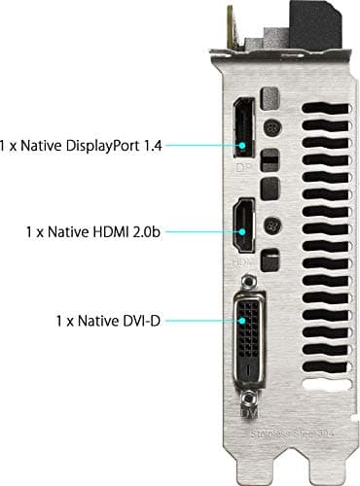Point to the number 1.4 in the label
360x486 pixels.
click(x=147, y=145)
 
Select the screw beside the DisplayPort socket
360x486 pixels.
click(x=275, y=126)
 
